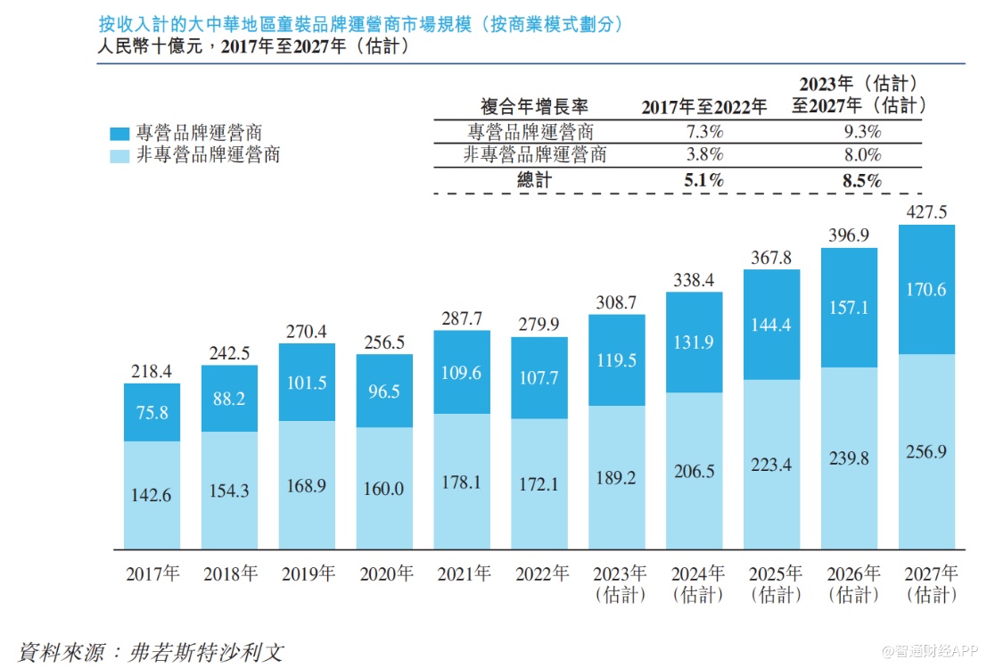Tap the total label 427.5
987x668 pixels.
click(x=927, y=212)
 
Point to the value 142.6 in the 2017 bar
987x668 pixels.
click(x=152, y=494)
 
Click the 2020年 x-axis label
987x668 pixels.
click(x=384, y=573)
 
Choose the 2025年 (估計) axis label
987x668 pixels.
click(x=772, y=583)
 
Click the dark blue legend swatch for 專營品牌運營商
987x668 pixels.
click(x=119, y=134)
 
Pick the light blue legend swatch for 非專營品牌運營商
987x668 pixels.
click(x=119, y=155)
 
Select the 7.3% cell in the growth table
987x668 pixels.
click(x=703, y=132)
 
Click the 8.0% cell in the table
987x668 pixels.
click(x=860, y=154)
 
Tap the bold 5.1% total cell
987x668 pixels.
click(x=703, y=179)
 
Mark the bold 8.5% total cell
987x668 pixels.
click(x=860, y=179)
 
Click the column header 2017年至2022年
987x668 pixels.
click(x=703, y=107)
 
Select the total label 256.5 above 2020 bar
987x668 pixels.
click(x=384, y=342)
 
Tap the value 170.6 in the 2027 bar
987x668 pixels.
click(x=927, y=290)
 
